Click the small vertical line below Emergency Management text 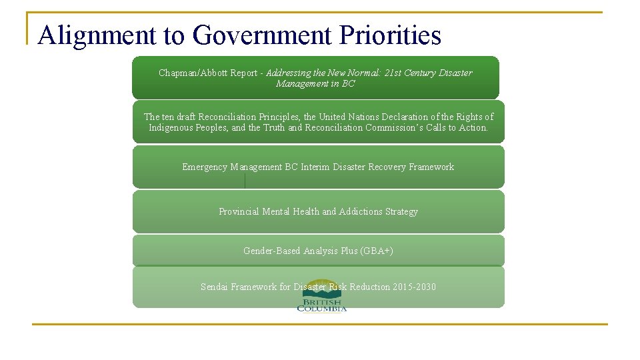pos(245,181)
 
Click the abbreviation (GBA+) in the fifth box pos(377,251)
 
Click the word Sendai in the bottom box pos(214,287)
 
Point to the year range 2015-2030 pos(415,287)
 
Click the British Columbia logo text pos(321,305)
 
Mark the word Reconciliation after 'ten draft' pos(230,117)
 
